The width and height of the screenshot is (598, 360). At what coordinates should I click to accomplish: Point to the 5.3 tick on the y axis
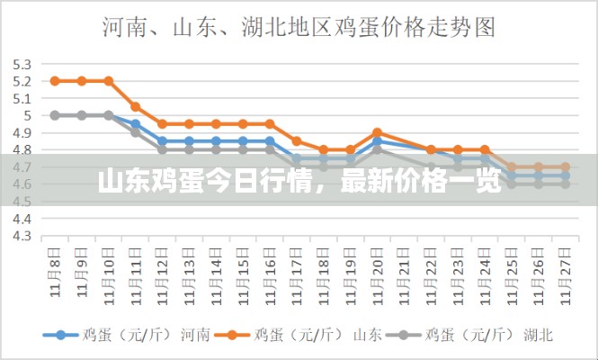pos(22,64)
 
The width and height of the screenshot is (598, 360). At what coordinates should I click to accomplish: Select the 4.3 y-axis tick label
pos(22,236)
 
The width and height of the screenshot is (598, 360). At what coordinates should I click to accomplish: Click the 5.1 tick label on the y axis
pos(22,98)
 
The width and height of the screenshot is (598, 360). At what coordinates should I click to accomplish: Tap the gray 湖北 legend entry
pos(476,334)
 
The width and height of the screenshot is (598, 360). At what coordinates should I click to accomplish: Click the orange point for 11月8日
pos(55,81)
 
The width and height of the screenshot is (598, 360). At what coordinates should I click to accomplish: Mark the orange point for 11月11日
pos(135,106)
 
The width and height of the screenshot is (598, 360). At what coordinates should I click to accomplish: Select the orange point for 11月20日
pos(377,132)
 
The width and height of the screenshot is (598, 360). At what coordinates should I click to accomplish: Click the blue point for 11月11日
pos(135,124)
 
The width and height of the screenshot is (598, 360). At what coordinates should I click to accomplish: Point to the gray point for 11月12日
pos(162,149)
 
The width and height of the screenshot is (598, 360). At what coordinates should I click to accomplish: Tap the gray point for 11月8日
pos(55,115)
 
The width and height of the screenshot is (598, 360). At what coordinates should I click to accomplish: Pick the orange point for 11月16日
pos(270,123)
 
